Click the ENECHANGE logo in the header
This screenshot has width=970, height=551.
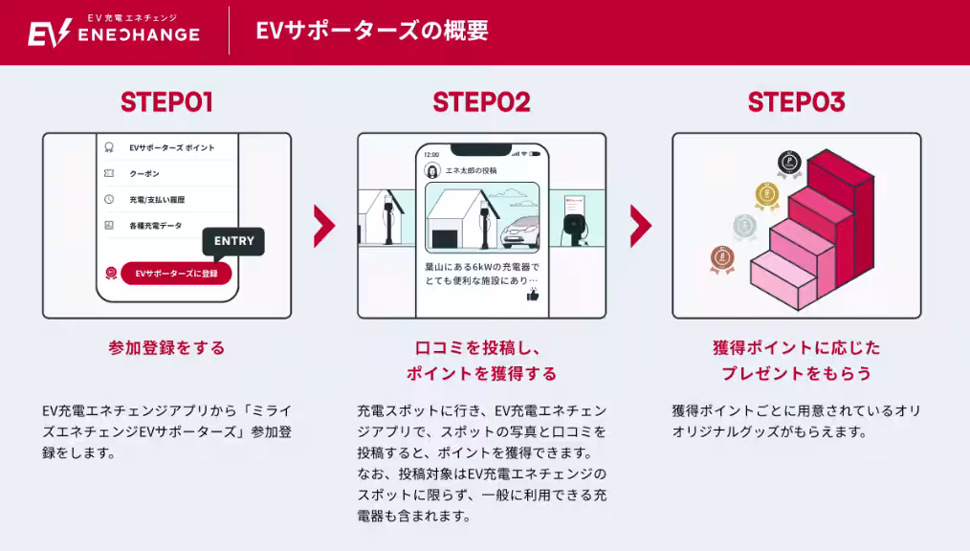point(113,32)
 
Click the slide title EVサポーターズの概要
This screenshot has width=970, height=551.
point(372,31)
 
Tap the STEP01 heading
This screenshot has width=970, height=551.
point(166,102)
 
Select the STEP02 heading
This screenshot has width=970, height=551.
point(481,102)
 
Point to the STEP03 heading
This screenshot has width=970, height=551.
point(796,102)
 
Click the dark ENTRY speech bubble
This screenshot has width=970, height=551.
point(233,241)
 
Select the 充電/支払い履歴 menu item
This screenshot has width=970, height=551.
point(157,200)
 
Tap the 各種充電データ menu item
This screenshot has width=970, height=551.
point(155,226)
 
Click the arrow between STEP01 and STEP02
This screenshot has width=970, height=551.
point(324,226)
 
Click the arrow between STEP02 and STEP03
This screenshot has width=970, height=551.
point(640,226)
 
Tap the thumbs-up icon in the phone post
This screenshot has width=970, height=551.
point(532,295)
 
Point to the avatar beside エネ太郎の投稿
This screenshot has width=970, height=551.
point(432,170)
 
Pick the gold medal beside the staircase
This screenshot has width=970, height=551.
point(766,195)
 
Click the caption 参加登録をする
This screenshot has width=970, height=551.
point(166,348)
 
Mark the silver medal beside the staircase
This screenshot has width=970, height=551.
point(744,227)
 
